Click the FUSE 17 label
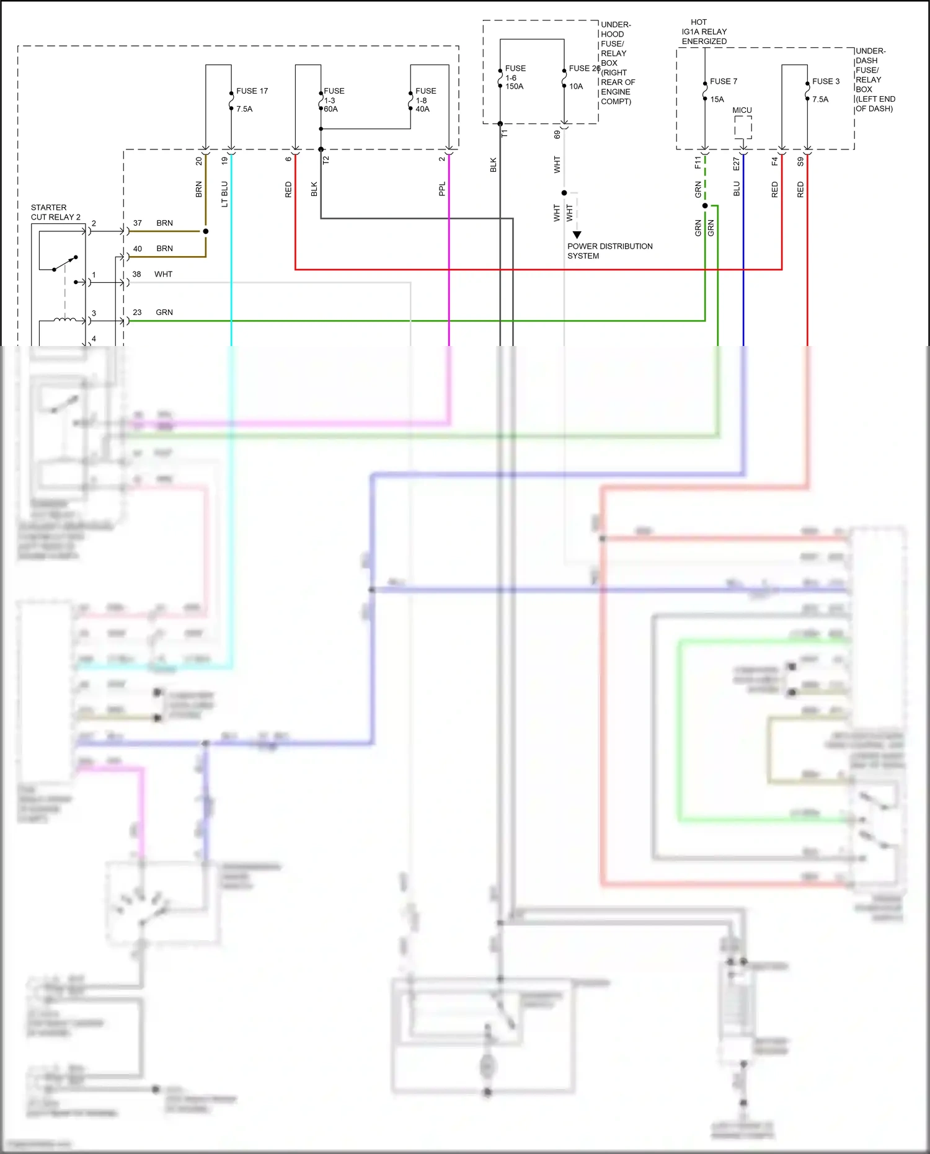pos(252,91)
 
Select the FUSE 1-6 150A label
pos(515,78)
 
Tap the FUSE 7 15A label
pos(723,90)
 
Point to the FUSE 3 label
pos(826,81)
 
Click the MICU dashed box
pos(743,127)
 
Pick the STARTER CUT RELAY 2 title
pos(55,212)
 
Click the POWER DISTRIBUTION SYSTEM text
pos(609,251)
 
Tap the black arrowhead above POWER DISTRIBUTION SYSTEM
pos(577,235)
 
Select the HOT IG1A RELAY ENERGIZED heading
pos(704,32)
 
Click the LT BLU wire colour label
pos(224,194)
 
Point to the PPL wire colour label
pos(442,189)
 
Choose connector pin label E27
pos(737,164)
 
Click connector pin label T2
pos(326,160)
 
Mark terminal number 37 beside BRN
pos(138,223)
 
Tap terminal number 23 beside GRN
pos(137,313)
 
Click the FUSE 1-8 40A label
pos(425,100)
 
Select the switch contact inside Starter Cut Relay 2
pos(64,263)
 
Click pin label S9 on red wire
pos(800,161)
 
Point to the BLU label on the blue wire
pos(737,189)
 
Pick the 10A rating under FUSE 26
pos(576,87)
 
